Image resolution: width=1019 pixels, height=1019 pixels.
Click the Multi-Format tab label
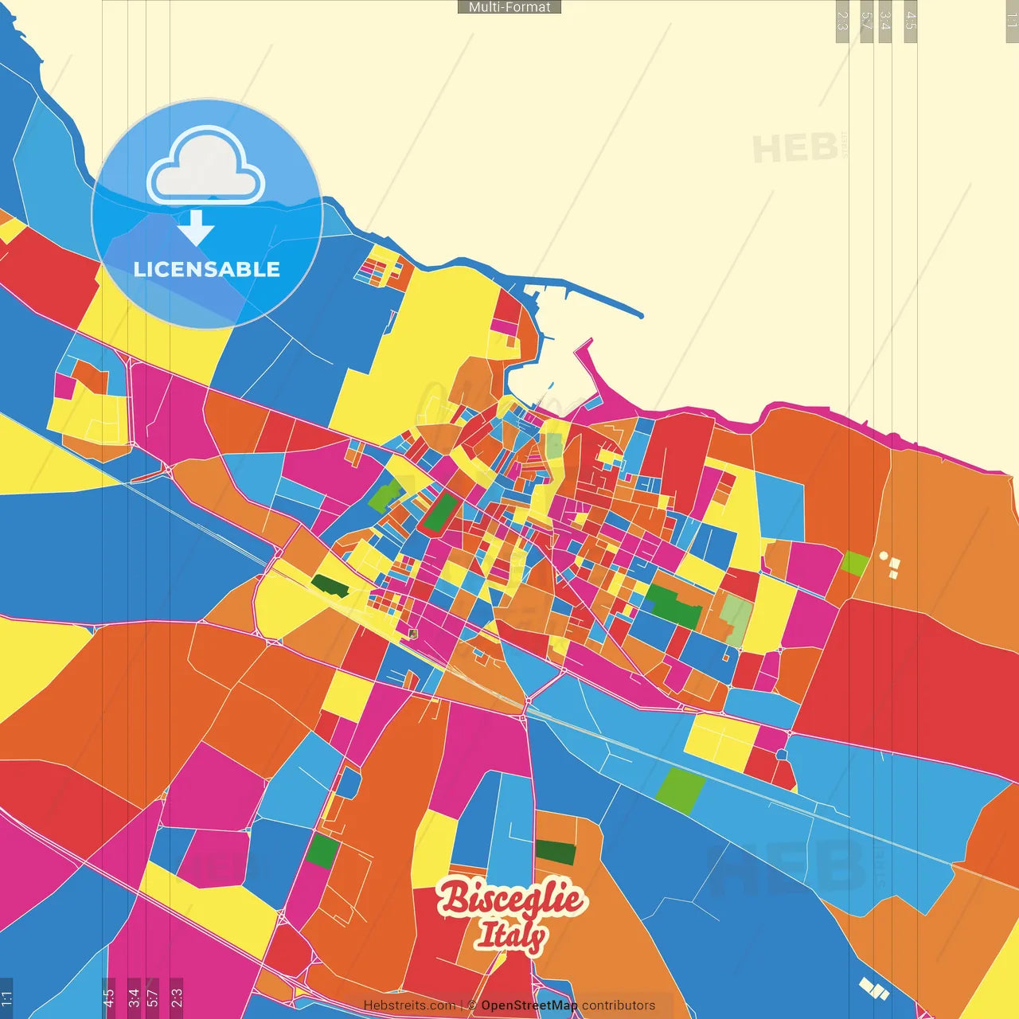click(509, 7)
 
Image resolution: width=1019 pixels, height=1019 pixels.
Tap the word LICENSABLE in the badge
click(207, 269)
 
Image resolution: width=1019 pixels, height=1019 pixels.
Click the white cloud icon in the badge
click(206, 167)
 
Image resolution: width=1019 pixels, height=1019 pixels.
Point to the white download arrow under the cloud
click(196, 228)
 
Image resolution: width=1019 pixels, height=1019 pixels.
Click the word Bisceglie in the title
click(510, 899)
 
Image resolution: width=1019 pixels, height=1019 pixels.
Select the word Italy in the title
click(510, 935)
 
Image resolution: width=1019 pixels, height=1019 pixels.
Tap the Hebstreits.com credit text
click(409, 1005)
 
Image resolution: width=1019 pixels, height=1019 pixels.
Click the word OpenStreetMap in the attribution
click(529, 1005)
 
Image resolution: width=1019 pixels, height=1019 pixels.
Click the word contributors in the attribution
click(619, 1005)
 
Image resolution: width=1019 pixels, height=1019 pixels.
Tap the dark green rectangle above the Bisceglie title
click(555, 852)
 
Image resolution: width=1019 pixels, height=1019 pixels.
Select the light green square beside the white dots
click(855, 563)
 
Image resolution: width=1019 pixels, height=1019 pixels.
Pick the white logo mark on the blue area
click(873, 989)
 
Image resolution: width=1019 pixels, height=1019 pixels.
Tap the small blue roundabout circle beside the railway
click(782, 754)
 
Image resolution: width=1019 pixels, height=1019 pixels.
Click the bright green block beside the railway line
click(681, 791)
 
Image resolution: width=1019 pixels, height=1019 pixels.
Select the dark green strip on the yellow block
click(330, 586)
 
